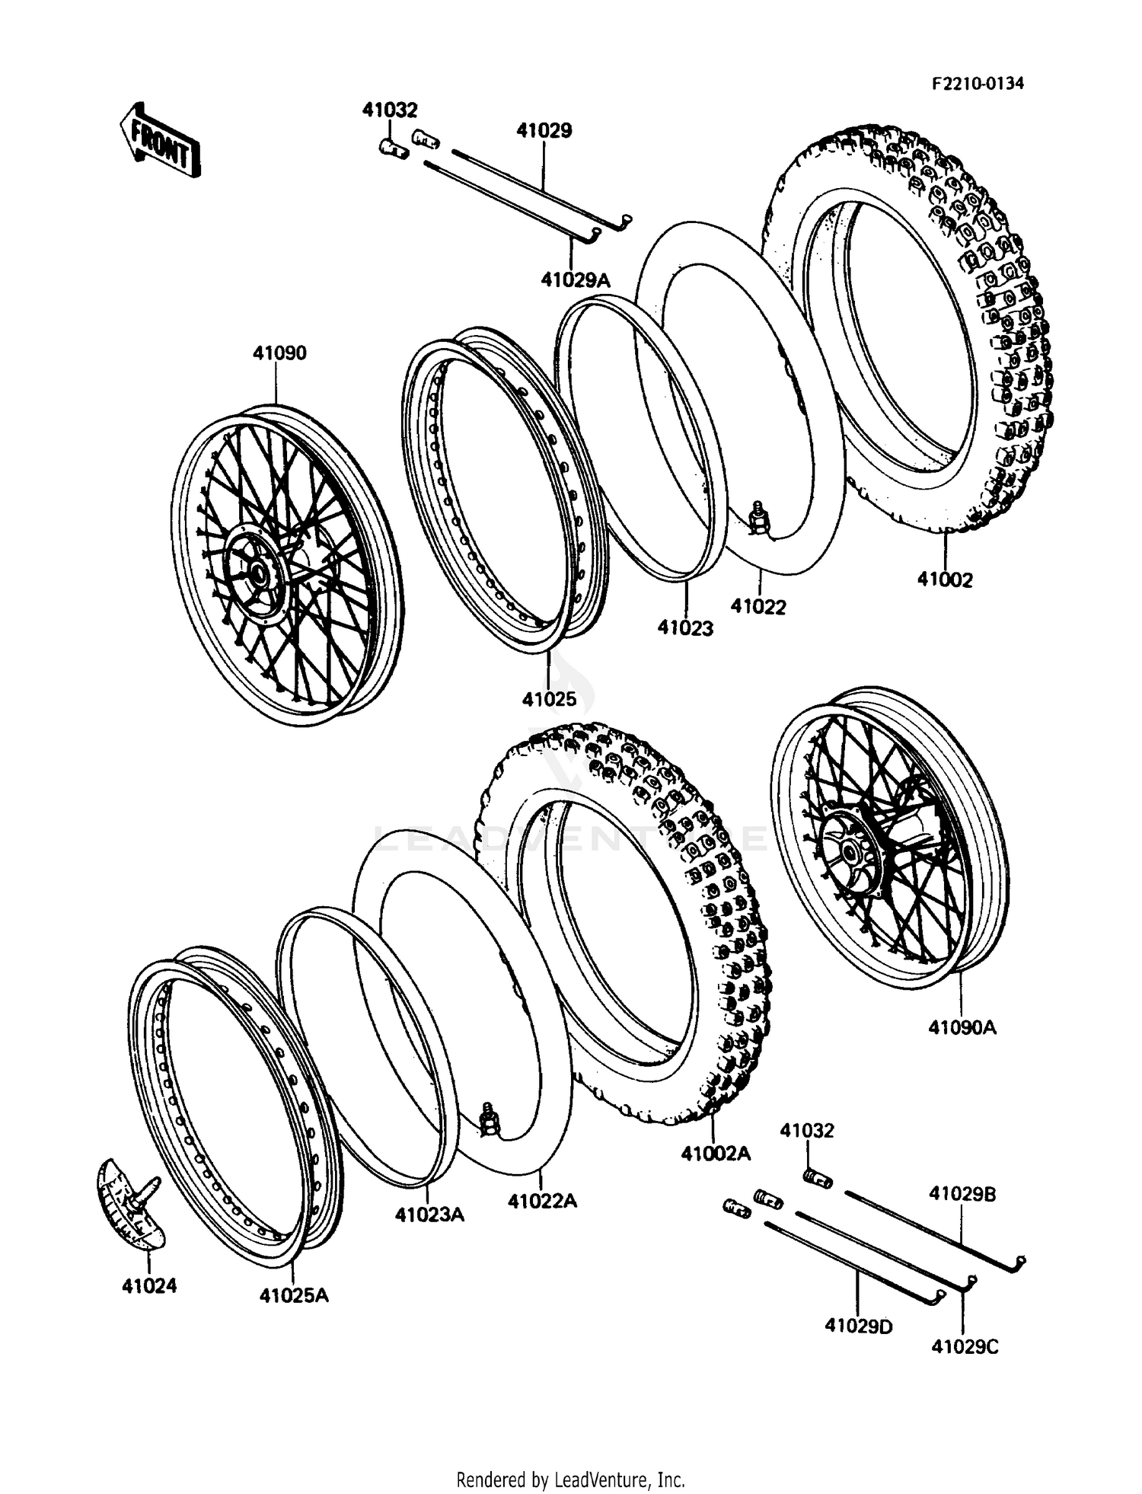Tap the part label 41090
279,353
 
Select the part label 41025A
294,1294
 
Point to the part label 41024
149,1285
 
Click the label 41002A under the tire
716,1154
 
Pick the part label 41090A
962,1027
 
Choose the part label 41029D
858,1326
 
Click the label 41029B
962,1194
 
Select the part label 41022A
542,1201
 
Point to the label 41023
685,627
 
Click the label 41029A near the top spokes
576,280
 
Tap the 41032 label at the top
390,110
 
